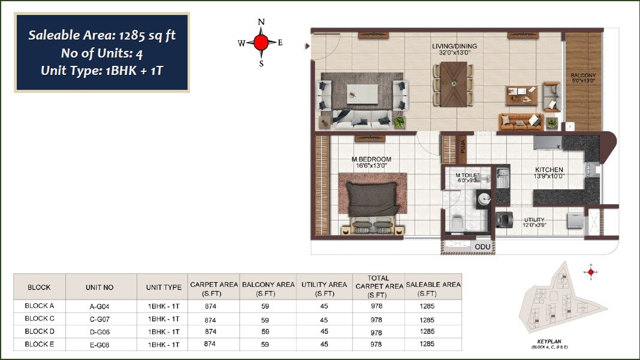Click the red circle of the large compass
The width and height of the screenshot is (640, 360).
tap(261, 43)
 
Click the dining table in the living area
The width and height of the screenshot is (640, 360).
tap(452, 84)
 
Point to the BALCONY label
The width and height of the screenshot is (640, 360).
tap(583, 75)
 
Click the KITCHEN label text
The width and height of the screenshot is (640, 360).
tap(550, 170)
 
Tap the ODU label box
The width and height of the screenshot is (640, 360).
tap(482, 247)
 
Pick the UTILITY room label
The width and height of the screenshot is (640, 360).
tap(534, 220)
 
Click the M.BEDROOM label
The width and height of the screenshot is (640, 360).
tap(371, 159)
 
